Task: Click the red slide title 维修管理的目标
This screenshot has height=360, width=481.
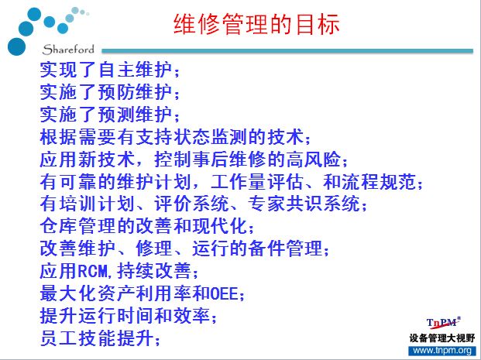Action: (x=256, y=24)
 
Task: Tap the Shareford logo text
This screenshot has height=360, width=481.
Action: (x=68, y=50)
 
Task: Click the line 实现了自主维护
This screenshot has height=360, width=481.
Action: (x=105, y=70)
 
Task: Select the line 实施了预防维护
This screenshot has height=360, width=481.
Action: (x=105, y=91)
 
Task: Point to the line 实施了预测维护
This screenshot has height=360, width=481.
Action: (x=105, y=114)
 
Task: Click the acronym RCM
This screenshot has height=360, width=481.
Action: (x=93, y=271)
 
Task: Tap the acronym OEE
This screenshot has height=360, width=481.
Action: (x=225, y=293)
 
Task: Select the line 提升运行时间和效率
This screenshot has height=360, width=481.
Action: (x=125, y=316)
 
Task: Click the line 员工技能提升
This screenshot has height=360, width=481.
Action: (x=96, y=338)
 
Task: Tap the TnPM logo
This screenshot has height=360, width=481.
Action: (x=443, y=323)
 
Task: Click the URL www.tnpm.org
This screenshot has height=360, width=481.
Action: (x=442, y=351)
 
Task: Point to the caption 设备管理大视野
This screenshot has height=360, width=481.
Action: (x=442, y=338)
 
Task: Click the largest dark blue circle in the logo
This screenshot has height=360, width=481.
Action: (x=16, y=46)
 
